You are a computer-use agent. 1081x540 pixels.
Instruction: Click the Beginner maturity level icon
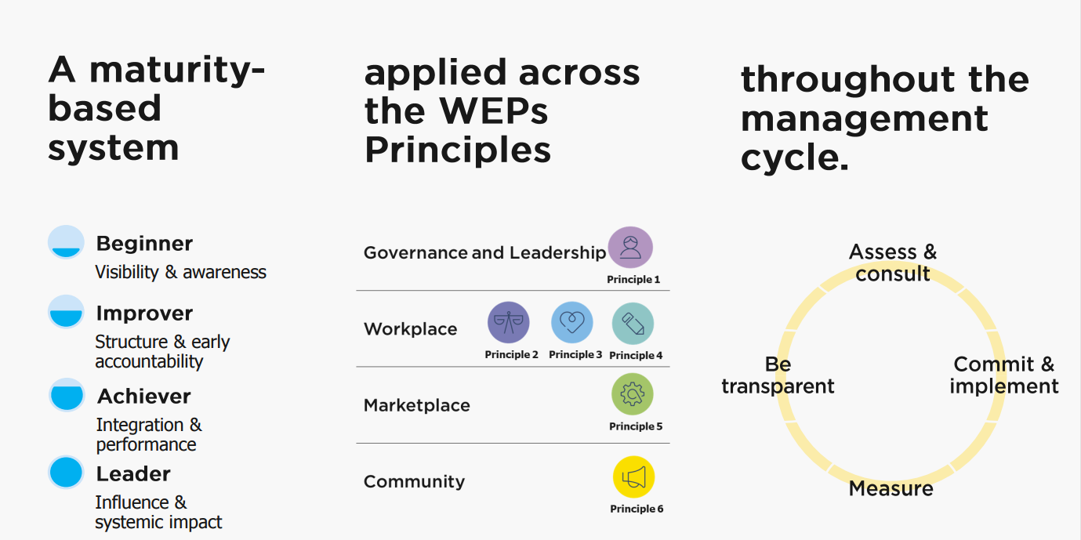click(66, 241)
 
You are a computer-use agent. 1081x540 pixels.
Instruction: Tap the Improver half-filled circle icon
click(66, 312)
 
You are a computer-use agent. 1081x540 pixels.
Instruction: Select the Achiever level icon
click(67, 395)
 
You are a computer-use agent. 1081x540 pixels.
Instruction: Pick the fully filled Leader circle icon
click(66, 472)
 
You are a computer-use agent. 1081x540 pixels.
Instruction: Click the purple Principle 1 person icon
click(630, 248)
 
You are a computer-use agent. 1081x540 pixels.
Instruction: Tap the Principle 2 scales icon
click(509, 322)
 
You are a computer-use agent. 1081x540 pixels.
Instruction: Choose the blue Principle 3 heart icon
click(572, 322)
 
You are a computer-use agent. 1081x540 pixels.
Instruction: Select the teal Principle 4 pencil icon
click(633, 324)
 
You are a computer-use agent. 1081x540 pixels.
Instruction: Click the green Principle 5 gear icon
click(633, 394)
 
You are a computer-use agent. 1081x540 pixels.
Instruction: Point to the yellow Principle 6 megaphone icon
click(633, 477)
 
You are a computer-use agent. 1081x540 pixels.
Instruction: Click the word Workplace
click(410, 329)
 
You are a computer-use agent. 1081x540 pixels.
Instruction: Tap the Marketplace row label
click(416, 405)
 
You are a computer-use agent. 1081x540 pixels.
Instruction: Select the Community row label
click(414, 481)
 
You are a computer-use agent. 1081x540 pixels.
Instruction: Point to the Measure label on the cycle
click(891, 488)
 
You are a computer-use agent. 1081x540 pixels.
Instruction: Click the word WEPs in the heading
click(493, 111)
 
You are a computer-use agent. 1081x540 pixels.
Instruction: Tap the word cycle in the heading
click(794, 158)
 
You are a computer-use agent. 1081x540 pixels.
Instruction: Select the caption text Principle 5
click(636, 426)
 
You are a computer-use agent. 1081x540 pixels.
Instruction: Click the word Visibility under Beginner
click(127, 272)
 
